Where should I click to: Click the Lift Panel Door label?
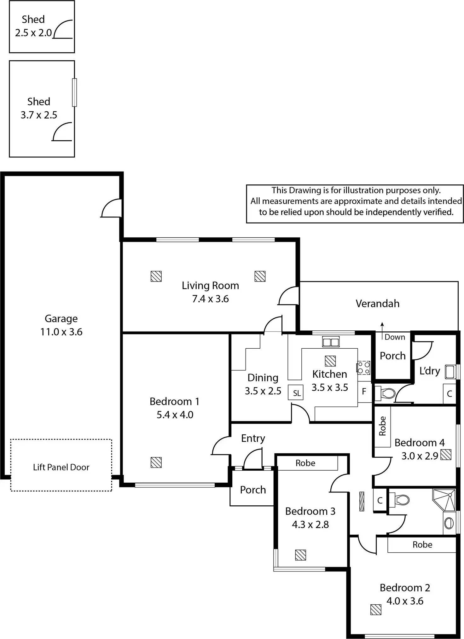coord(61,467)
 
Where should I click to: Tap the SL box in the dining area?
coord(296,393)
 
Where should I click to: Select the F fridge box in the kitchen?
coord(364,392)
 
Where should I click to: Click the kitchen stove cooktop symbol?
coord(363,368)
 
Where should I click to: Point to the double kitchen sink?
coord(331,342)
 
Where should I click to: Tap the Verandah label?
coord(378,304)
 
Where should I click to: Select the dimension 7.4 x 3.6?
coord(211,299)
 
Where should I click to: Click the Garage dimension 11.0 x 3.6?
coord(61,332)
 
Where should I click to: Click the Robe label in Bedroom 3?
coord(305,463)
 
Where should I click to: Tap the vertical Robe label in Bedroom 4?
coord(382,426)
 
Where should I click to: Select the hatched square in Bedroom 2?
coord(376,610)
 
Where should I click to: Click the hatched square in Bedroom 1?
coord(156,462)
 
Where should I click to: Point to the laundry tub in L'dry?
coord(450,372)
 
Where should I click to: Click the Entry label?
coord(253,438)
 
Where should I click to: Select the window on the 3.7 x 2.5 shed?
coord(74,92)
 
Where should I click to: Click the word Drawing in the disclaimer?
coord(305,190)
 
